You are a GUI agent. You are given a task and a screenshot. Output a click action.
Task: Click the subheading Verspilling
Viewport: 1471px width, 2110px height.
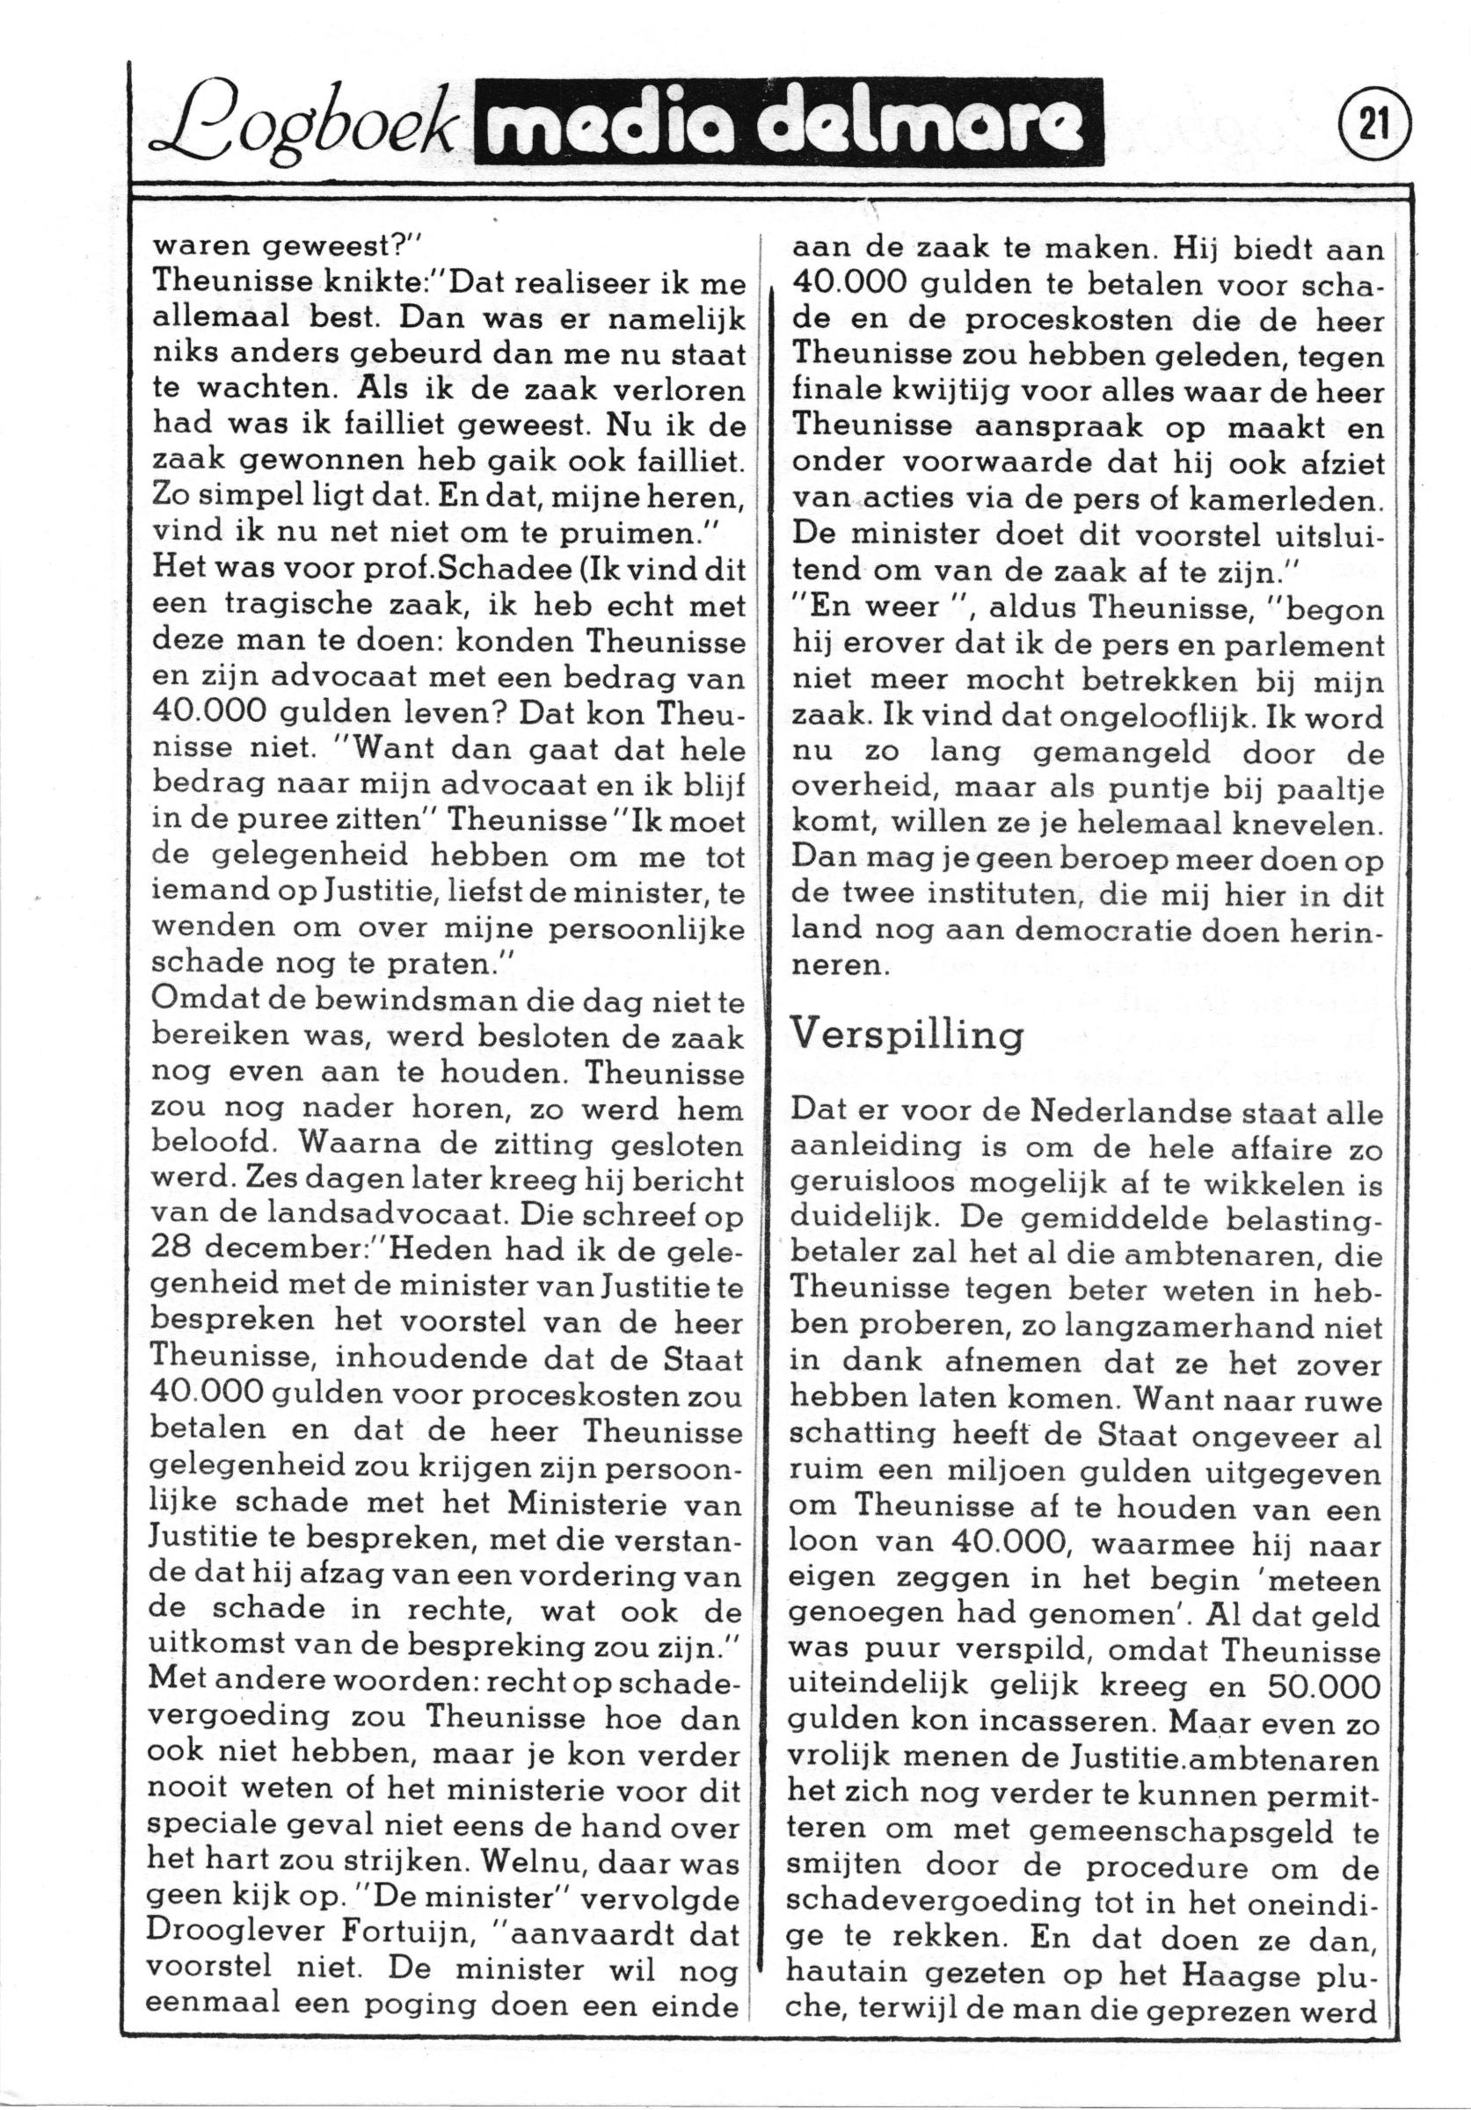pyautogui.click(x=907, y=1036)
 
